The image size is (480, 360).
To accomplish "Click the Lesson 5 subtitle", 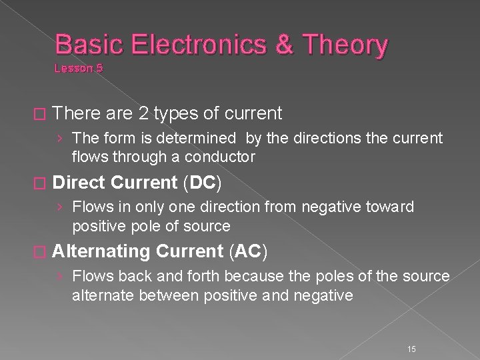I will pos(79,68).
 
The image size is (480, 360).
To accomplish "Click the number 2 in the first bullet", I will pos(143,114).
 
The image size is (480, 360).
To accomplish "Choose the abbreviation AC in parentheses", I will pos(247,251).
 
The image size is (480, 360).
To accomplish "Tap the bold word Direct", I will pos(79,183).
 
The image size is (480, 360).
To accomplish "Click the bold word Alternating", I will pos(101,251).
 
